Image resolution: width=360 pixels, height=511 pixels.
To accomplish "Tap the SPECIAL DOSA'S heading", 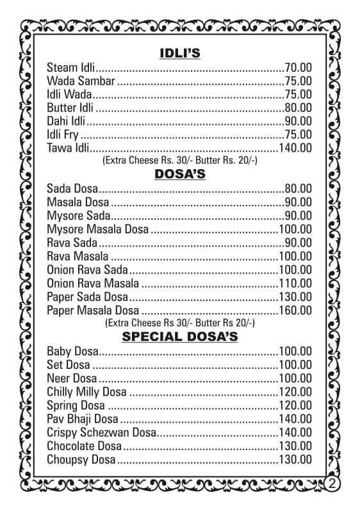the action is pos(179,336).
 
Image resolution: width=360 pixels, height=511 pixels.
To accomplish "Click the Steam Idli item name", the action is pos(70,67).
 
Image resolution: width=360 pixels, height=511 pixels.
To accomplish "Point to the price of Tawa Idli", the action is pos(295,148).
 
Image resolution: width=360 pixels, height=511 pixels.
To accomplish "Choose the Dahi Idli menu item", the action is pos(67,121).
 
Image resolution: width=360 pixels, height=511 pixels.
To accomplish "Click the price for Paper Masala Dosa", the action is pos(295,311).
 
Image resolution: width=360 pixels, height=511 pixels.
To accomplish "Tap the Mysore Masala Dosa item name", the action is pos(97,229).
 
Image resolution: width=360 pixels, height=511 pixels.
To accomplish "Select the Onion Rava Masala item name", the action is pos(93,284).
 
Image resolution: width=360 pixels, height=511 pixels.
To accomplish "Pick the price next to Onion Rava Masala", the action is pos(295,284).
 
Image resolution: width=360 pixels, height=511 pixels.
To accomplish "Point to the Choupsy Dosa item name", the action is pos(81,460).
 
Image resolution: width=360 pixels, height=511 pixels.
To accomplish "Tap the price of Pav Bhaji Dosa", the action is pos(295,419).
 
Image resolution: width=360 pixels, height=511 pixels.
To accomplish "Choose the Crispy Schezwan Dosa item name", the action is pos(102,433).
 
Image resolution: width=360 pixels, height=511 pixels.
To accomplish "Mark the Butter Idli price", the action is pos(298,108).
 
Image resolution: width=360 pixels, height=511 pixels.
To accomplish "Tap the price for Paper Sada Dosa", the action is pos(295,297).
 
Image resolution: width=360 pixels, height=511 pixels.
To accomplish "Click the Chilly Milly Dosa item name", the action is pos(86,392).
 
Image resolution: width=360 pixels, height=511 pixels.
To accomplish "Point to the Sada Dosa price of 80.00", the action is pos(298,189).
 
